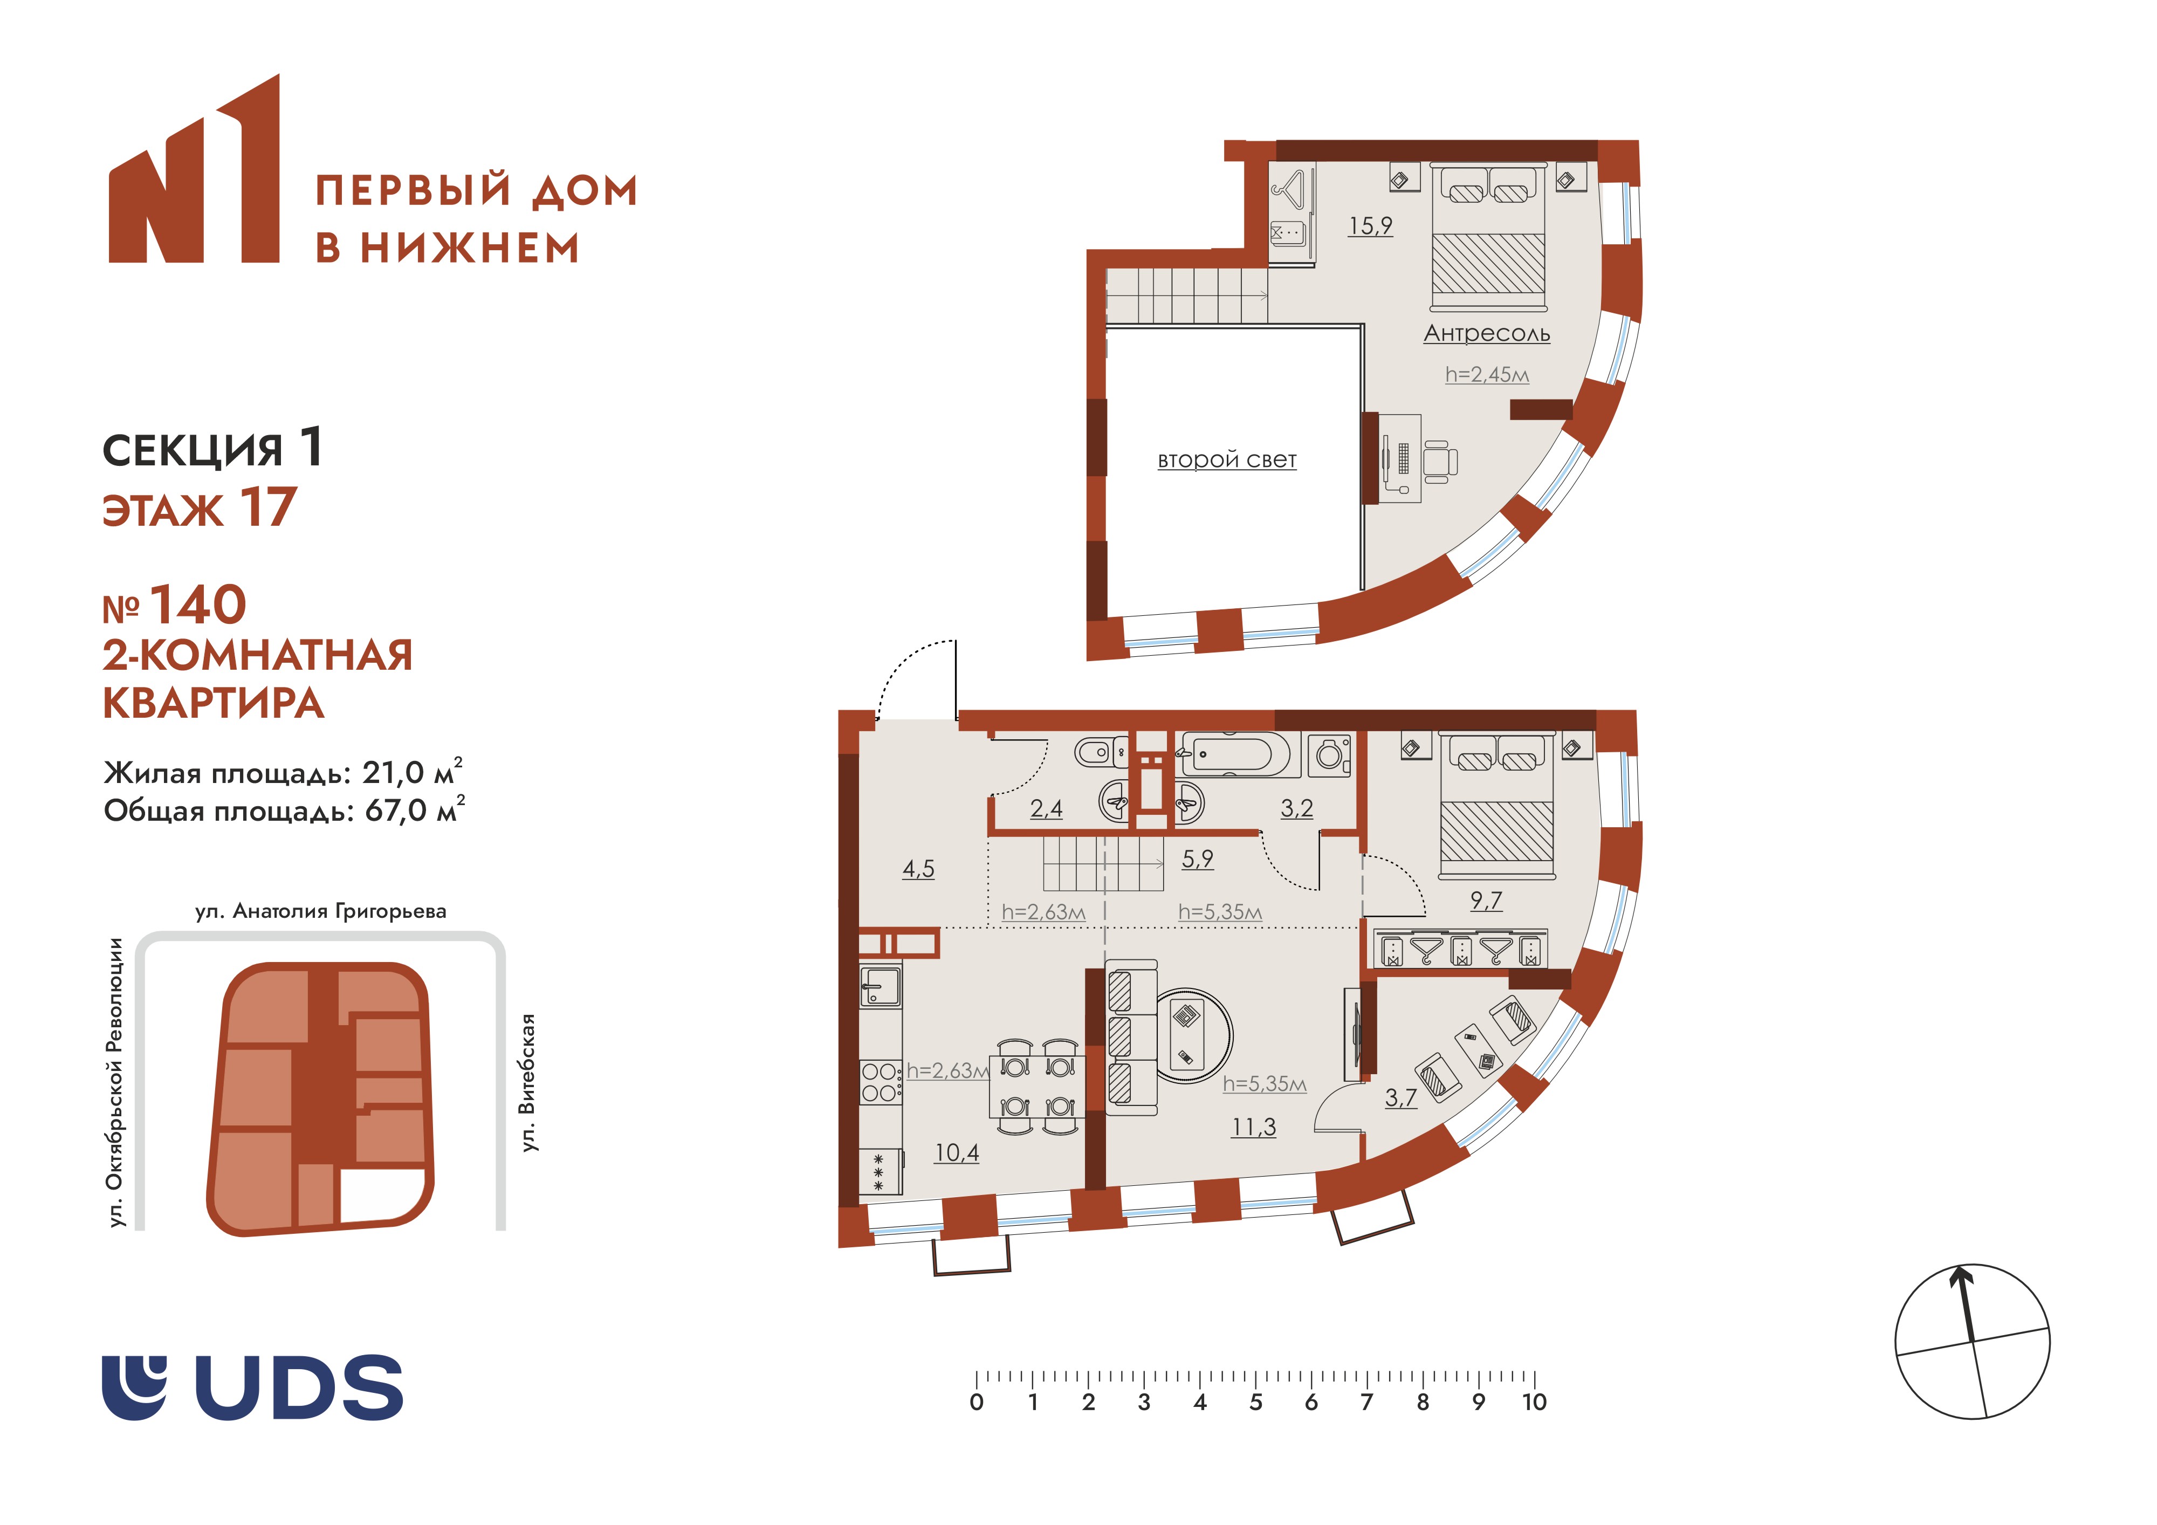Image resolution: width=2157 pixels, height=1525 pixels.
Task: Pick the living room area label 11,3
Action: click(1254, 1126)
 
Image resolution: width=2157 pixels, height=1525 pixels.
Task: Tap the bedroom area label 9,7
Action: click(1486, 900)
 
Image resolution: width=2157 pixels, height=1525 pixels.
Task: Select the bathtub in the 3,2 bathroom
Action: click(1241, 754)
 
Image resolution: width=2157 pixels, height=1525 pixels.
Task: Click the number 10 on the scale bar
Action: click(1534, 1403)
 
